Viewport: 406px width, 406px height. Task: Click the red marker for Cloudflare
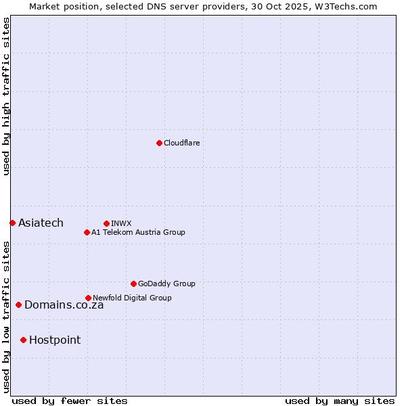point(159,143)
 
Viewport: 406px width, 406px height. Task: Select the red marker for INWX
point(106,223)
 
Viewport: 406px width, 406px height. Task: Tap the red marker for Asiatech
point(12,223)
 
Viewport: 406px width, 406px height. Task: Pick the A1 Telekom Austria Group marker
point(87,232)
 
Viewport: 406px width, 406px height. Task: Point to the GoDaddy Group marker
point(133,284)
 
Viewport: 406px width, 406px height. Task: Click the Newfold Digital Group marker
point(88,298)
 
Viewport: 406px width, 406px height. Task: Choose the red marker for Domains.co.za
point(18,304)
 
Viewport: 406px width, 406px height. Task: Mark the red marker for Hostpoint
point(23,340)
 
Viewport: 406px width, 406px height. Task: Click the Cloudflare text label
point(182,143)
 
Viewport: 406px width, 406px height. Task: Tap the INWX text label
point(121,223)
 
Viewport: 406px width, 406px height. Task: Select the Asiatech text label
point(41,223)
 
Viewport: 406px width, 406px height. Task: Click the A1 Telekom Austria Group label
point(138,232)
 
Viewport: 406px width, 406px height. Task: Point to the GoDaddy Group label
point(166,284)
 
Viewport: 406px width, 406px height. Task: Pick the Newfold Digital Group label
point(132,298)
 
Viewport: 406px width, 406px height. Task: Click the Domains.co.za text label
point(64,305)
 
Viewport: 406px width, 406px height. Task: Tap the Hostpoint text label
point(55,340)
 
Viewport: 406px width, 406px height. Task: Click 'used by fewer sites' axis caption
point(70,401)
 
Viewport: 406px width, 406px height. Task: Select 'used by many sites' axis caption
point(340,401)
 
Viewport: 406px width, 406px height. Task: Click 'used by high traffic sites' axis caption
point(6,96)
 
